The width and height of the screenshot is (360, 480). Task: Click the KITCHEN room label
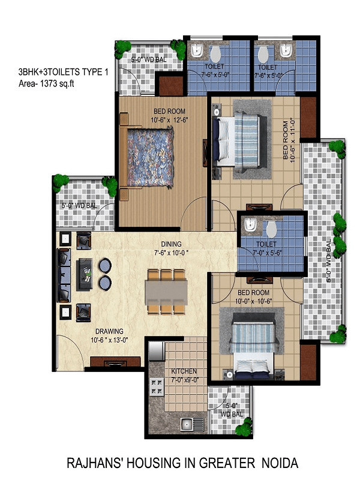(184, 371)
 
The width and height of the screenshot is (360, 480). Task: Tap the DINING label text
(171, 244)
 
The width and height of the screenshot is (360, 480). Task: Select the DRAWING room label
(109, 331)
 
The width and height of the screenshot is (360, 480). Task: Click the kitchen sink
(192, 425)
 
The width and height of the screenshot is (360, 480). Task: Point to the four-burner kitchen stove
(157, 386)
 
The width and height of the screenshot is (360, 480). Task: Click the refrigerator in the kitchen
(157, 351)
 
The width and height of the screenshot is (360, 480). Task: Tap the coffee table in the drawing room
(85, 274)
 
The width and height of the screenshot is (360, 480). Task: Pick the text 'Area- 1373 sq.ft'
(46, 83)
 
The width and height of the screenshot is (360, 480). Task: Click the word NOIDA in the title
(280, 463)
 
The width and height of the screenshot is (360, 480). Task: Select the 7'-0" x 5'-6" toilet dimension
(267, 253)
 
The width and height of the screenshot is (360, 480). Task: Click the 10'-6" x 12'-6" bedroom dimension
(169, 120)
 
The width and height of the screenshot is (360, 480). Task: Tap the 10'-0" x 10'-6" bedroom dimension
(253, 301)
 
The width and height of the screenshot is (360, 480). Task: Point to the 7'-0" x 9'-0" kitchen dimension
(185, 380)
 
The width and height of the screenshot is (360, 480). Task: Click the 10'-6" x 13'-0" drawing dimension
(109, 340)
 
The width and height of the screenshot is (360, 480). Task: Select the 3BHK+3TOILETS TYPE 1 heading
(63, 72)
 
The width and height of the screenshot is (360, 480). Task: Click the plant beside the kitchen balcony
(244, 426)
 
